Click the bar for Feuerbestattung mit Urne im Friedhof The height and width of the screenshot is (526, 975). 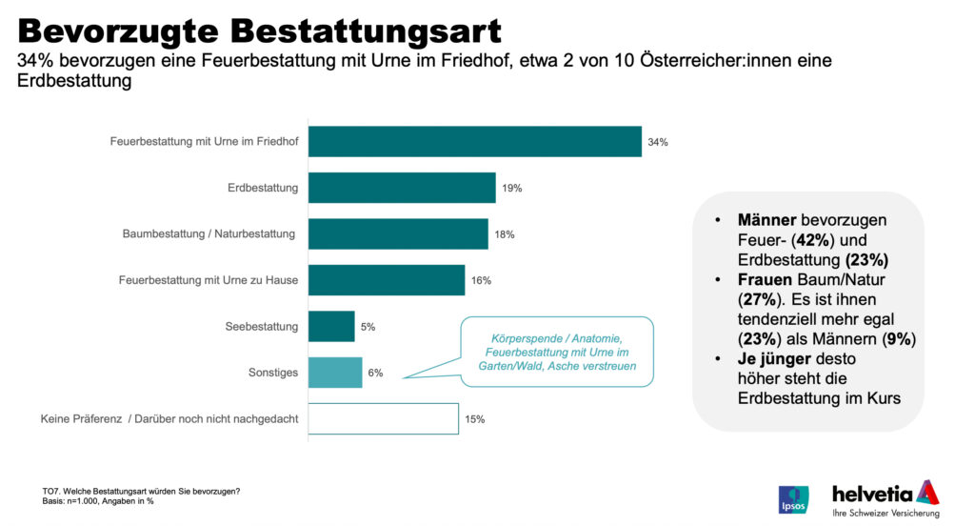474,142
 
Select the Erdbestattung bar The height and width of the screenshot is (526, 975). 402,188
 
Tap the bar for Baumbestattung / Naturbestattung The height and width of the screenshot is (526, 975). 398,233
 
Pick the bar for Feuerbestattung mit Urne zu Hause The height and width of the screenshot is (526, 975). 387,280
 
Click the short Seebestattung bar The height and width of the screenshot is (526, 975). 331,326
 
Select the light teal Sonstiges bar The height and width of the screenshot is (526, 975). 335,373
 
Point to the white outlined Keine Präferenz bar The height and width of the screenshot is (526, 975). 383,418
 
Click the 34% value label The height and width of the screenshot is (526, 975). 658,142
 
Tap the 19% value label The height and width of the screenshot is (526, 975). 512,188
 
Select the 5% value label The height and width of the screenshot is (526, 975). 368,326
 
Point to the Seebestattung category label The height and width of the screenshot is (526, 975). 261,326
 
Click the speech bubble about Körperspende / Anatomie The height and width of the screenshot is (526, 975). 557,352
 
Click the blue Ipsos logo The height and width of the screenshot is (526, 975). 793,499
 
